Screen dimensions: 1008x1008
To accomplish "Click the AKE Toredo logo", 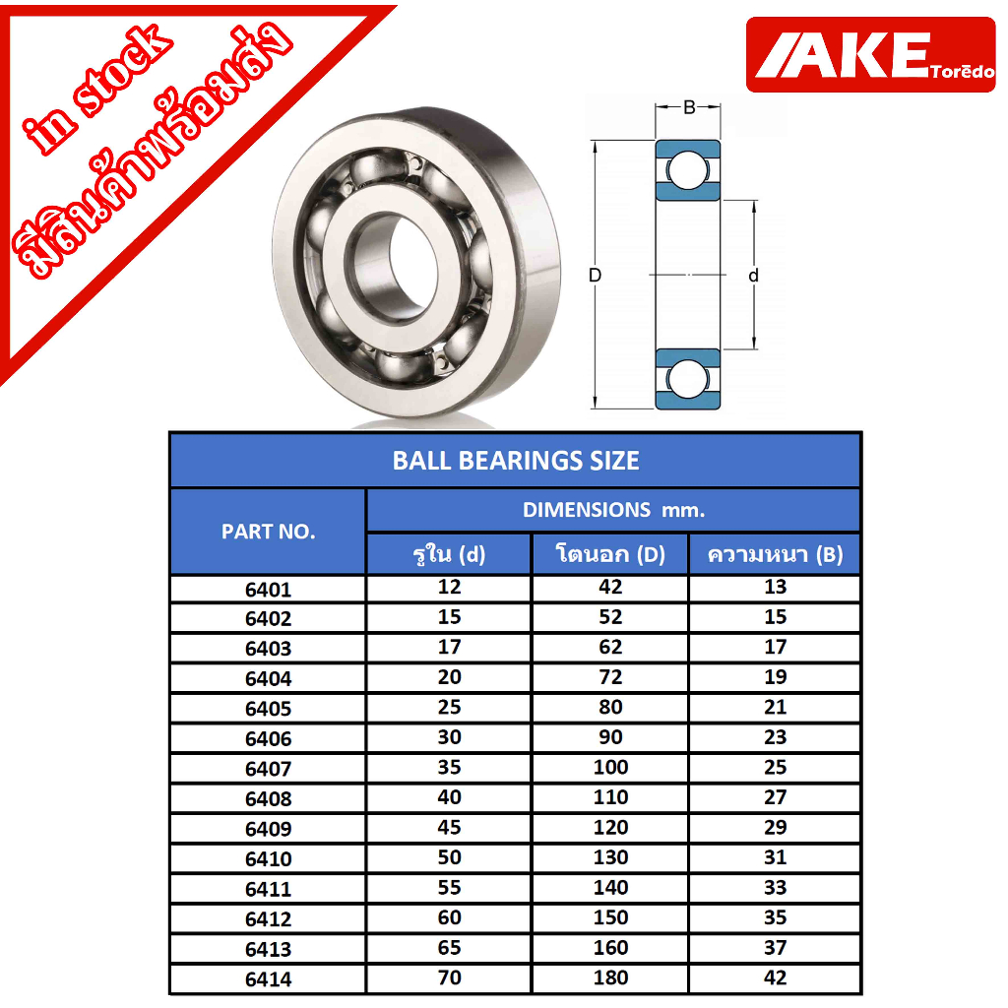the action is click(870, 55).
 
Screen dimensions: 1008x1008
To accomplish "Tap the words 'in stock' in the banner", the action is click(97, 90).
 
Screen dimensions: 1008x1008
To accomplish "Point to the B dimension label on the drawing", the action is click(688, 107).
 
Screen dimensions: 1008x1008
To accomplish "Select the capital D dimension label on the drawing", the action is click(596, 276).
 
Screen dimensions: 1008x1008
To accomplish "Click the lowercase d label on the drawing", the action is click(753, 276).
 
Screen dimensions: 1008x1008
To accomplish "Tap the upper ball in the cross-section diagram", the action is click(687, 170).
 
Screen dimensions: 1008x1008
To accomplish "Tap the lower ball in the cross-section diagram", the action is click(687, 378).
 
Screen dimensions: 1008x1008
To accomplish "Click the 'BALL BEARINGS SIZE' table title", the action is click(516, 461).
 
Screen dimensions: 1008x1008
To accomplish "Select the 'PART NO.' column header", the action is click(268, 532).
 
